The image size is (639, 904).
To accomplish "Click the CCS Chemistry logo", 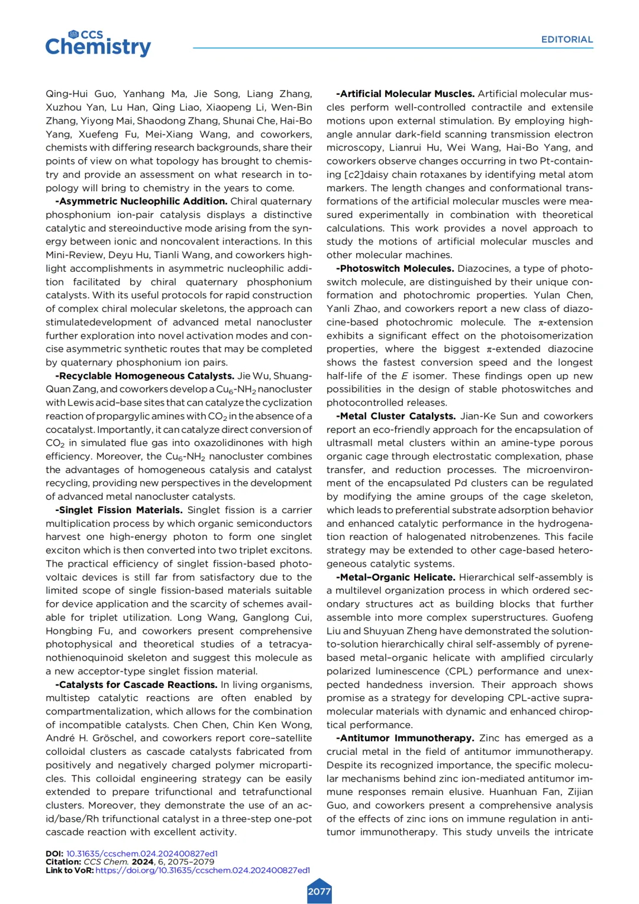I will (x=98, y=43).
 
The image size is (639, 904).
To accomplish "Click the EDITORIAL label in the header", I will (x=566, y=40).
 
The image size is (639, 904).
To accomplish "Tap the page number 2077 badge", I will (x=319, y=892).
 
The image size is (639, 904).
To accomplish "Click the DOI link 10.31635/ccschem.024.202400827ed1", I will (x=141, y=854).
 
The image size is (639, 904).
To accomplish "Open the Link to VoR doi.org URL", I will (x=202, y=870).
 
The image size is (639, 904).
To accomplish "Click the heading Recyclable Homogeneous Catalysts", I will (x=145, y=376).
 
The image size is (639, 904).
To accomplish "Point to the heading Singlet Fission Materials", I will (x=119, y=510).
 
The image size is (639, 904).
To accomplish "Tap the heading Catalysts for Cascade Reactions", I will (x=137, y=685).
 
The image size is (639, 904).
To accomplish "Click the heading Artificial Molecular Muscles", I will (x=405, y=94).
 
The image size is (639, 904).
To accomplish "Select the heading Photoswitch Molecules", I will (x=395, y=269).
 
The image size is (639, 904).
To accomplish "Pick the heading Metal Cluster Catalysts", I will (x=396, y=416).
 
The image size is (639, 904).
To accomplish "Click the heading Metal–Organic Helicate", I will (x=396, y=577).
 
